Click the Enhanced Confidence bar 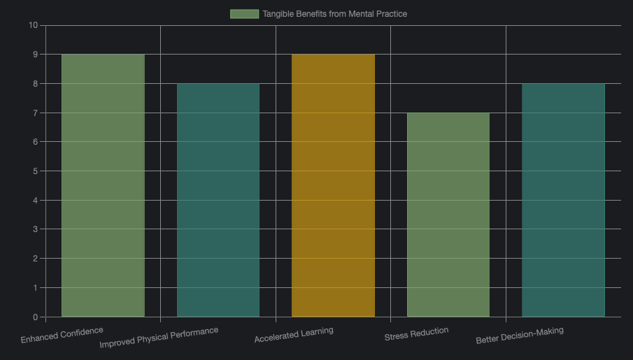point(103,185)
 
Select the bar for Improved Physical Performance point(218,200)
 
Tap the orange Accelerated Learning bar point(333,185)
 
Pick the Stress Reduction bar point(448,215)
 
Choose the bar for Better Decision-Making point(563,200)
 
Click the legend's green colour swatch point(244,14)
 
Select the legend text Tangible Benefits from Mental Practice point(334,14)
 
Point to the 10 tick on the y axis point(33,25)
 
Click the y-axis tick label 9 point(35,55)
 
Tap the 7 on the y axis point(35,113)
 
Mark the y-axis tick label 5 point(35,171)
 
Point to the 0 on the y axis point(35,317)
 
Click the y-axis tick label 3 point(35,229)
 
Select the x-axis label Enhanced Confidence point(62,335)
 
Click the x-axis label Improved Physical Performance point(159,338)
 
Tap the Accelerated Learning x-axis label point(294,335)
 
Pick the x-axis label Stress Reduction point(416,334)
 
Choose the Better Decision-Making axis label point(520,336)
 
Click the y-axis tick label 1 point(35,288)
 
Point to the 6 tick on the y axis point(35,142)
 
